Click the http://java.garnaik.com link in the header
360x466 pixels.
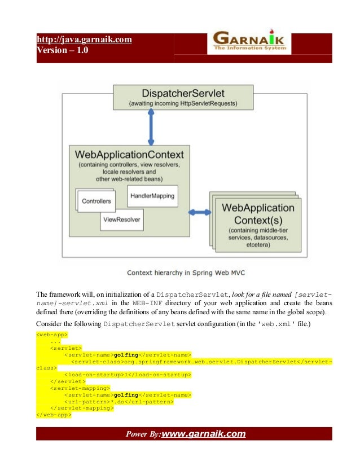click(x=84, y=39)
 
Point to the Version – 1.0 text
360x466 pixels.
click(x=62, y=50)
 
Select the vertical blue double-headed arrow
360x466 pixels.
click(x=151, y=127)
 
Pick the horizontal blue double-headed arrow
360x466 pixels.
click(x=198, y=213)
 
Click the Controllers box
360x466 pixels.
click(x=96, y=201)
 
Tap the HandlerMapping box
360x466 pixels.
click(x=152, y=196)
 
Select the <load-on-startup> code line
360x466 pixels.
click(x=128, y=374)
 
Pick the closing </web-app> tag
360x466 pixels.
click(x=53, y=415)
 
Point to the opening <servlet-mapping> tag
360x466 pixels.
click(x=80, y=388)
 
